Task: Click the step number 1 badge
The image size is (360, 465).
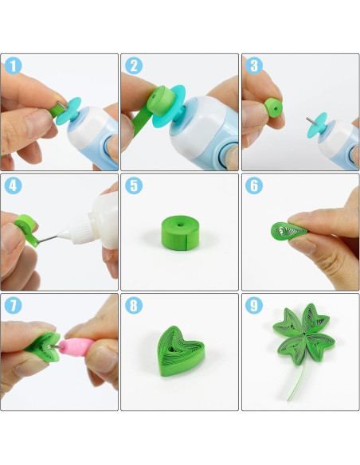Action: pyautogui.click(x=13, y=65)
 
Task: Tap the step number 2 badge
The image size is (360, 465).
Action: pyautogui.click(x=134, y=65)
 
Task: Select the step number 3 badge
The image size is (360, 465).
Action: pyautogui.click(x=254, y=65)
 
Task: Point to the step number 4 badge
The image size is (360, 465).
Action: pyautogui.click(x=13, y=186)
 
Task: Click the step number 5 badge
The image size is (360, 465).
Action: pyautogui.click(x=134, y=186)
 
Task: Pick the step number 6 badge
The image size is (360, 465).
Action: pyautogui.click(x=254, y=186)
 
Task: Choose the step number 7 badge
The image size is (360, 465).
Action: pyautogui.click(x=13, y=305)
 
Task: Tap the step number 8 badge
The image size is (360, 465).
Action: pyautogui.click(x=134, y=305)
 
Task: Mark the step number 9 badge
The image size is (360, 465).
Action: pyautogui.click(x=254, y=305)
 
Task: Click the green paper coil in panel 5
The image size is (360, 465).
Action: pyautogui.click(x=180, y=232)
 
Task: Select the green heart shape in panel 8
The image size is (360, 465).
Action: pyautogui.click(x=180, y=351)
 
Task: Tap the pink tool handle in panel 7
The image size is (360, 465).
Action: pyautogui.click(x=76, y=347)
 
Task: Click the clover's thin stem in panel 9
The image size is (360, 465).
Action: pyautogui.click(x=297, y=381)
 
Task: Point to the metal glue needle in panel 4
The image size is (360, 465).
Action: pyautogui.click(x=48, y=239)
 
